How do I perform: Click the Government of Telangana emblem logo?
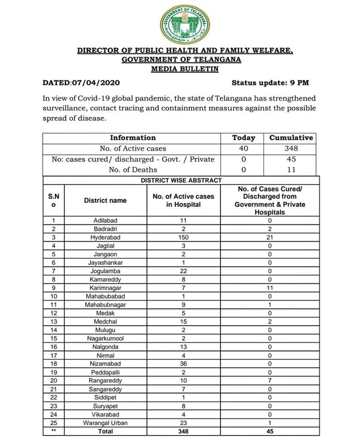pos(185,24)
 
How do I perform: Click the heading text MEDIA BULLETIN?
pos(185,69)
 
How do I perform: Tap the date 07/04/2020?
pos(96,83)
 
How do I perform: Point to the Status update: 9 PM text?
pos(270,83)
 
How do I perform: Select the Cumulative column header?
pos(291,138)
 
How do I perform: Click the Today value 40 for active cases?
pos(243,149)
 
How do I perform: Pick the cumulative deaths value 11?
pos(291,170)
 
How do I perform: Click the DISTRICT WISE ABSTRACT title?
pos(181,181)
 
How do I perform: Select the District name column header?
pos(105,200)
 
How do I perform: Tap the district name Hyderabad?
pos(105,237)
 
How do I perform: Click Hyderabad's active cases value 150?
pos(183,237)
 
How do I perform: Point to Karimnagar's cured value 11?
pos(270,288)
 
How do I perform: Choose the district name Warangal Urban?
pos(105,423)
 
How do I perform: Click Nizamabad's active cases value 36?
pos(183,364)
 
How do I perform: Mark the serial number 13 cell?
pos(53,322)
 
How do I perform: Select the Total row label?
pos(105,432)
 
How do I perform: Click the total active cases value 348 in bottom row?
pos(183,432)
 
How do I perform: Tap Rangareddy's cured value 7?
pos(270,381)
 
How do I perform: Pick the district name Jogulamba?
pos(105,271)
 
